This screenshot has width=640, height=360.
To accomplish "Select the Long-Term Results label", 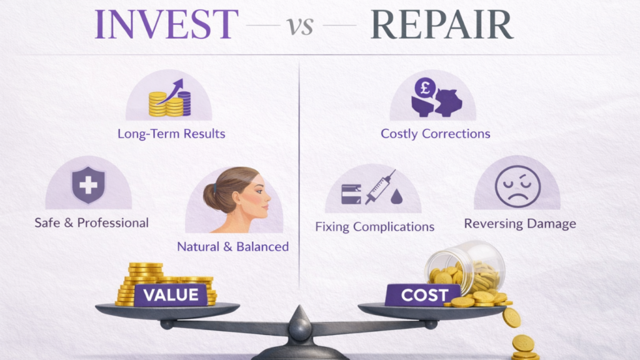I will tap(171, 134).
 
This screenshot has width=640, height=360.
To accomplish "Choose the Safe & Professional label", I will tap(91, 222).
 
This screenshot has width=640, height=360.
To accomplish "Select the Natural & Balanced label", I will tap(232, 246).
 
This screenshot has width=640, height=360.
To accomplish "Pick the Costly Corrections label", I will tap(435, 134).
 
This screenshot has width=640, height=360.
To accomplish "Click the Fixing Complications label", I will tap(374, 226).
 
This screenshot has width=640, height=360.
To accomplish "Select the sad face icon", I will tap(517, 186).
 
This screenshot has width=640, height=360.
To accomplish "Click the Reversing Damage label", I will tap(519, 223).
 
